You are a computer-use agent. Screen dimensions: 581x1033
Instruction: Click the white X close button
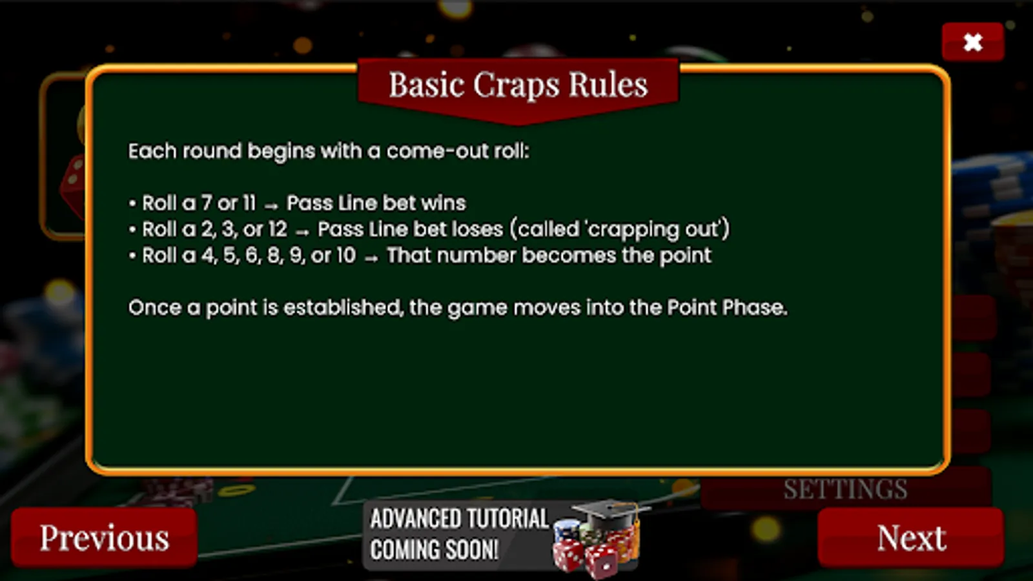pyautogui.click(x=972, y=42)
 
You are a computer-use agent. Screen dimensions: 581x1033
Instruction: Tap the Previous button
pyautogui.click(x=104, y=538)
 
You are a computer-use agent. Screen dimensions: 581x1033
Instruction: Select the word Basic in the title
pyautogui.click(x=427, y=85)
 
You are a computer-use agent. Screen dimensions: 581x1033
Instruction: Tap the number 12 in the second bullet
pyautogui.click(x=278, y=229)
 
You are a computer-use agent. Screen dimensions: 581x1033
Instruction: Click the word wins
pyautogui.click(x=443, y=203)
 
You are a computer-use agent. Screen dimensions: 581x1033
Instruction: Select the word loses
pyautogui.click(x=478, y=229)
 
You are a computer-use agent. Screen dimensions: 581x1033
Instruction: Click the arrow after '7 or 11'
pyautogui.click(x=271, y=205)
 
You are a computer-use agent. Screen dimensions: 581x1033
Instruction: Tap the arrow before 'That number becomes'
pyautogui.click(x=371, y=258)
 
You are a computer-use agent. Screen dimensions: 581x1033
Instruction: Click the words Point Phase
pyautogui.click(x=726, y=308)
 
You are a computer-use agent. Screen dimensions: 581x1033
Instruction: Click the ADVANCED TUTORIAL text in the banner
pyautogui.click(x=459, y=519)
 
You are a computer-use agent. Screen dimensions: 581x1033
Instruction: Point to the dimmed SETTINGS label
pyautogui.click(x=845, y=489)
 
